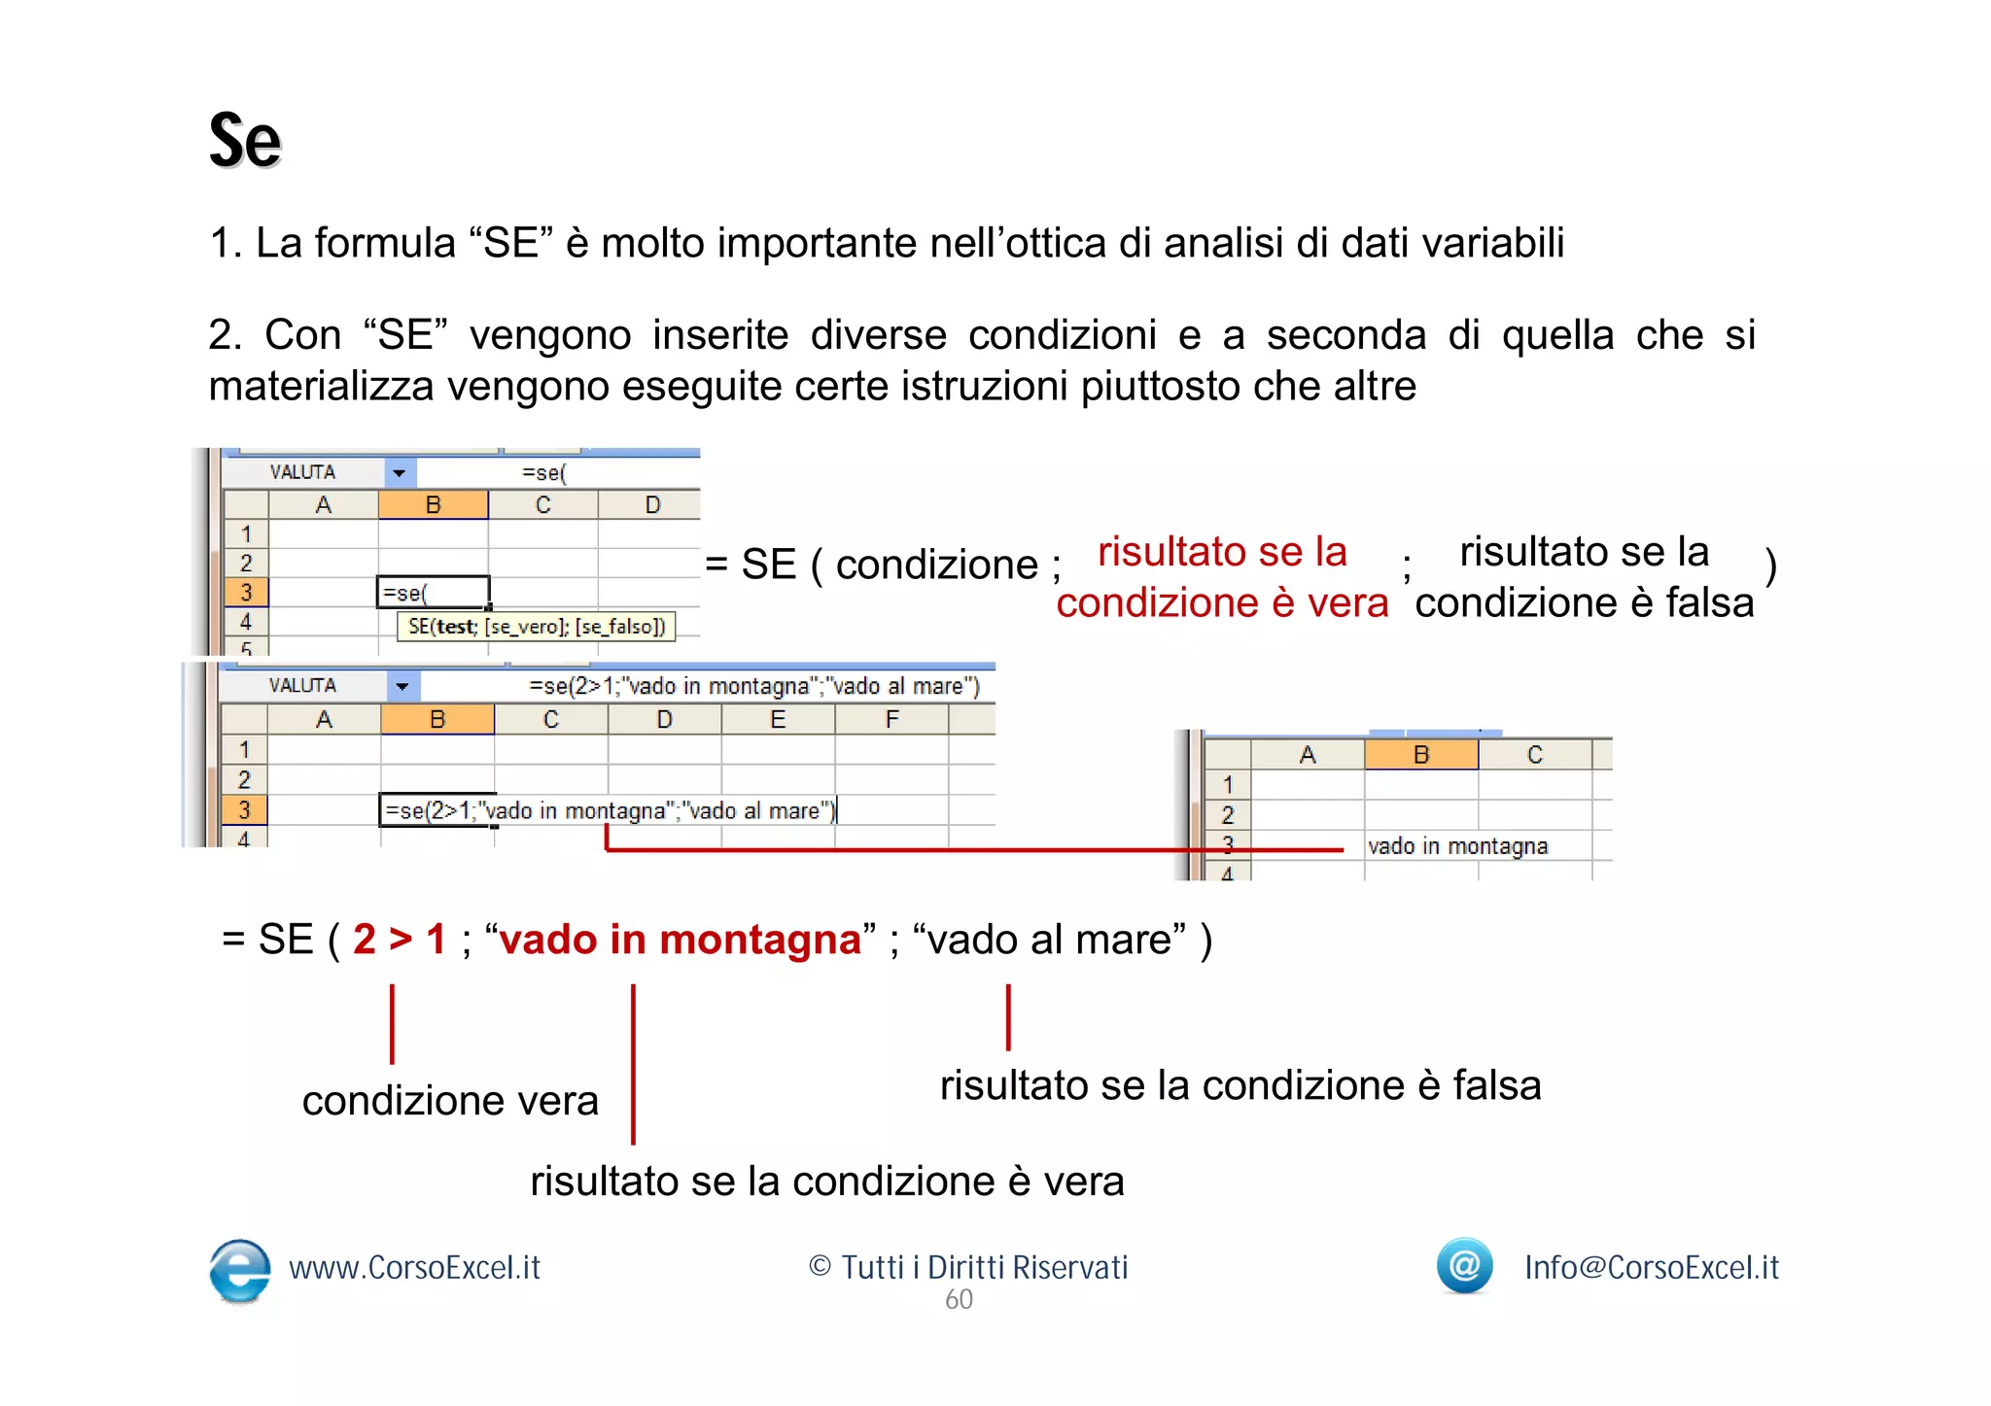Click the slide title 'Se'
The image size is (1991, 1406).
pyautogui.click(x=245, y=142)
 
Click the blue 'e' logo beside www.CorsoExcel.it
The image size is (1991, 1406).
pyautogui.click(x=239, y=1268)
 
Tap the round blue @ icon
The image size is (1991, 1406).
pyautogui.click(x=1464, y=1265)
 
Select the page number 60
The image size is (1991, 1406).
pyautogui.click(x=959, y=1300)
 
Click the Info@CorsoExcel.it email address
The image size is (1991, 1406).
pyautogui.click(x=1651, y=1267)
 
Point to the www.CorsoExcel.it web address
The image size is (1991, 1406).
pyautogui.click(x=414, y=1267)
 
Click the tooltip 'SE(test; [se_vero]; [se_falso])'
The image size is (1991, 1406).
pyautogui.click(x=537, y=627)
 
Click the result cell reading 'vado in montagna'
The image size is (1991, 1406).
pyautogui.click(x=1456, y=846)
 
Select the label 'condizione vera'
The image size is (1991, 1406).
pyautogui.click(x=449, y=1101)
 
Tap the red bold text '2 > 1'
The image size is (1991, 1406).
pyautogui.click(x=399, y=940)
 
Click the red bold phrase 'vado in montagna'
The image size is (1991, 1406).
pyautogui.click(x=680, y=940)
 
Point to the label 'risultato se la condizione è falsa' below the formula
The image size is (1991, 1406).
pyautogui.click(x=1240, y=1085)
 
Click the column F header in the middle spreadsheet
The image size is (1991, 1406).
pyautogui.click(x=891, y=720)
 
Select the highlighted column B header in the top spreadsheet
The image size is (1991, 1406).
pyautogui.click(x=434, y=505)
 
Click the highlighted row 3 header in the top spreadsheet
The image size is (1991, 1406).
pyautogui.click(x=246, y=592)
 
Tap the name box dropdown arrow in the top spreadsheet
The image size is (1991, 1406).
pyautogui.click(x=400, y=473)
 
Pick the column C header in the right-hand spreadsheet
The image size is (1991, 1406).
pyautogui.click(x=1534, y=755)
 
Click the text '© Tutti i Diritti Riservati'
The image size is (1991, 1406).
pyautogui.click(x=967, y=1267)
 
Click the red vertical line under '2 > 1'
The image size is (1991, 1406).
pyautogui.click(x=392, y=1023)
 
